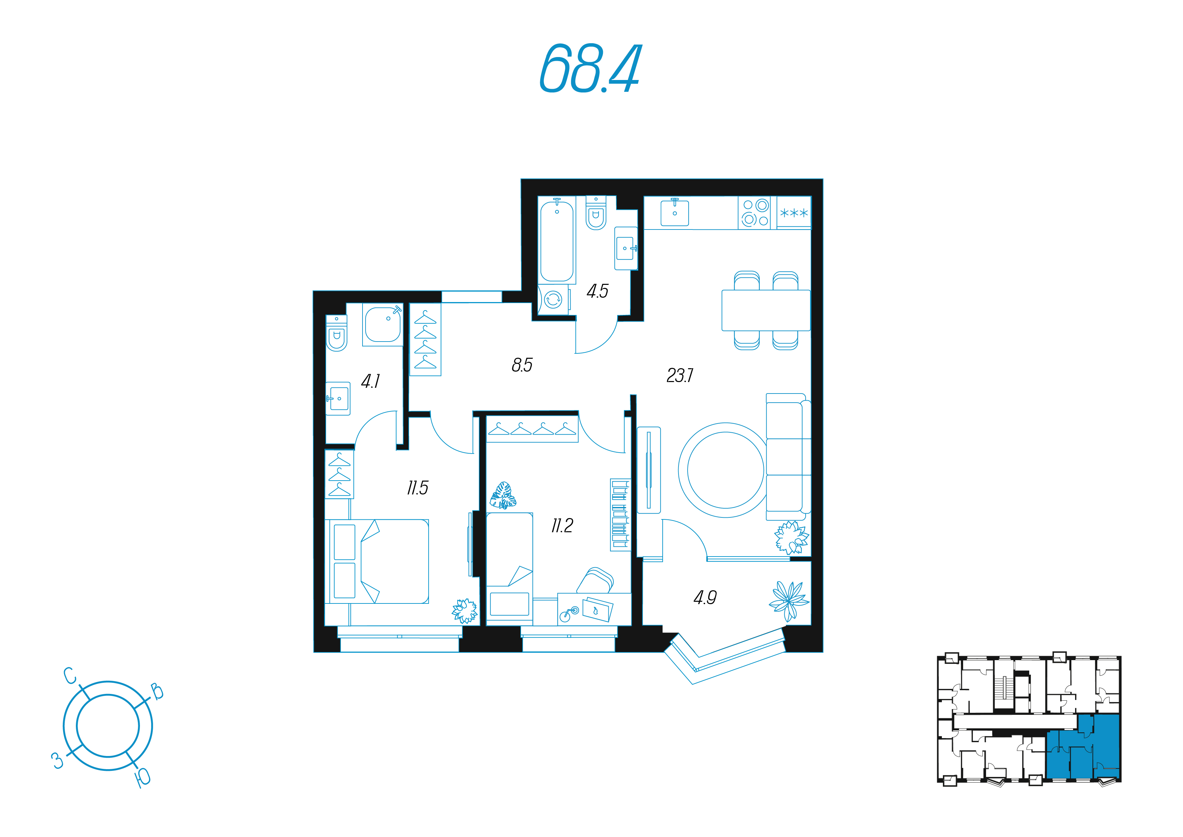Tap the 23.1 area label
(680, 375)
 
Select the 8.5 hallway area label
(522, 365)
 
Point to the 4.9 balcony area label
(705, 598)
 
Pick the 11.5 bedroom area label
(417, 488)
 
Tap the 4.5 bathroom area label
(597, 291)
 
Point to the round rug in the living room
(725, 470)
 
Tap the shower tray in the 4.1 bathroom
(383, 324)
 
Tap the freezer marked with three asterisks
(794, 213)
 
